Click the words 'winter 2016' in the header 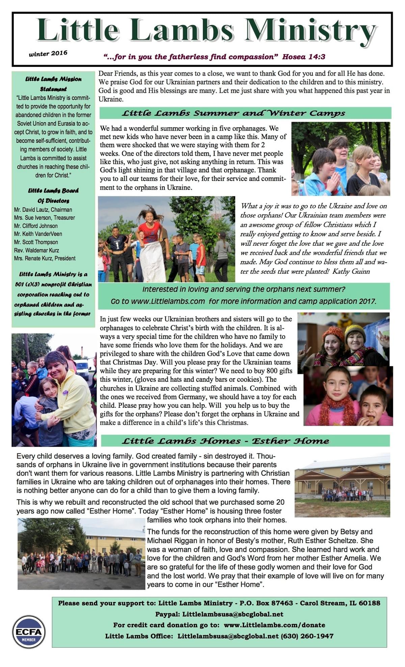(48, 53)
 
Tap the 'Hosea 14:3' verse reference (304, 57)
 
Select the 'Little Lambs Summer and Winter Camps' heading (234, 113)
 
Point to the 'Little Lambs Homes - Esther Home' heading (225, 441)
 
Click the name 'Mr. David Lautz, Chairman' (43, 210)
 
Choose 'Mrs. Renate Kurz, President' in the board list (45, 258)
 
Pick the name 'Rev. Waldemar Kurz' (36, 250)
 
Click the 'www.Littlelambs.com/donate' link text (274, 625)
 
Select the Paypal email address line (219, 614)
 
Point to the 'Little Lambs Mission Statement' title (53, 84)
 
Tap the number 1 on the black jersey (117, 245)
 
